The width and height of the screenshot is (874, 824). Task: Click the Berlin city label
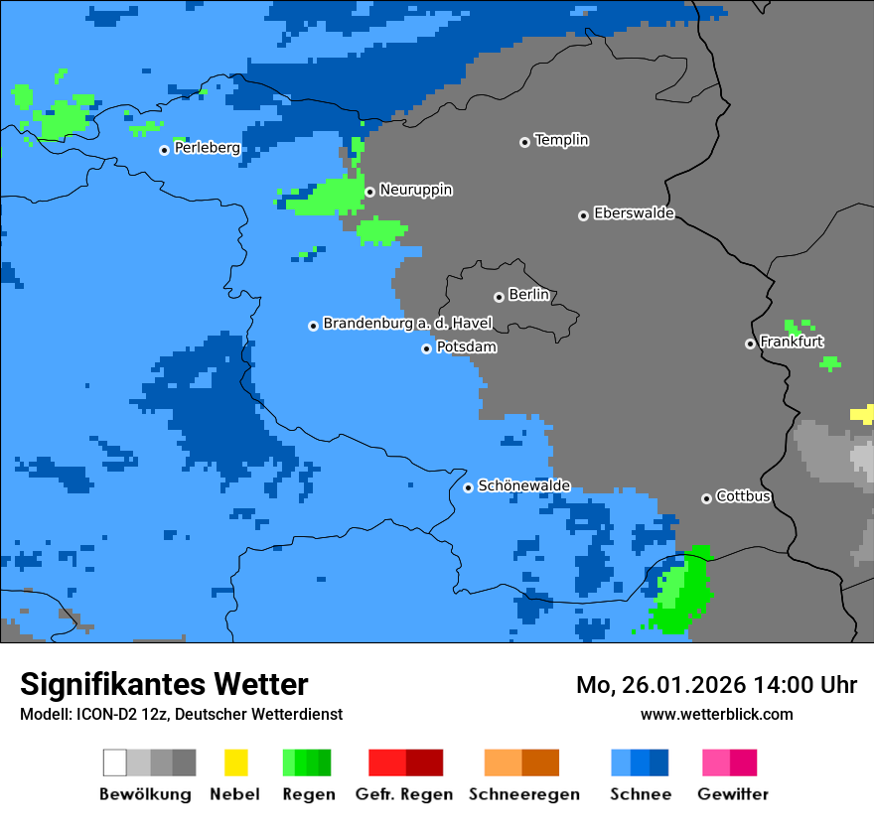[x=528, y=295]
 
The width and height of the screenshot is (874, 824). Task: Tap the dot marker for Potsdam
[x=426, y=348]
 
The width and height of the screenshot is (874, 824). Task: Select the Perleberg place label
[x=207, y=148]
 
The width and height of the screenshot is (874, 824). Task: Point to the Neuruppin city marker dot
[x=369, y=192]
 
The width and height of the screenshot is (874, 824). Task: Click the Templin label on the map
[x=561, y=140]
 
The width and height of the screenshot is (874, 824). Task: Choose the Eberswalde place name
[x=634, y=213]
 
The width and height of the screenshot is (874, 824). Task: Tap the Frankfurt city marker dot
[x=750, y=343]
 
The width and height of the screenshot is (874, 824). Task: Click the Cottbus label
[x=743, y=496]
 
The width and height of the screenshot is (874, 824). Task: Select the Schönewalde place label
[x=524, y=485]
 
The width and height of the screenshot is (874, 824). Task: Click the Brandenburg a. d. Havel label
[x=407, y=324]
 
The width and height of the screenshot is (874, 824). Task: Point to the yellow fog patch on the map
[x=862, y=414]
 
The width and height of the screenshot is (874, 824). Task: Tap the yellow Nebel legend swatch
[x=235, y=762]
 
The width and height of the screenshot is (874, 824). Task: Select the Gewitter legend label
[x=732, y=794]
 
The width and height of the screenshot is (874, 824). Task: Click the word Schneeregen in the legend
[x=523, y=794]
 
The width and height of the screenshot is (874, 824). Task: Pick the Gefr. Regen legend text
[x=403, y=794]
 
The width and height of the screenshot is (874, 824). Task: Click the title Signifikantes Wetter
[x=164, y=684]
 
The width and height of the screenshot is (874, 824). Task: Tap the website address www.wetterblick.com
[x=716, y=714]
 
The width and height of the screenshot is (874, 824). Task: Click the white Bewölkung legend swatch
[x=115, y=762]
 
